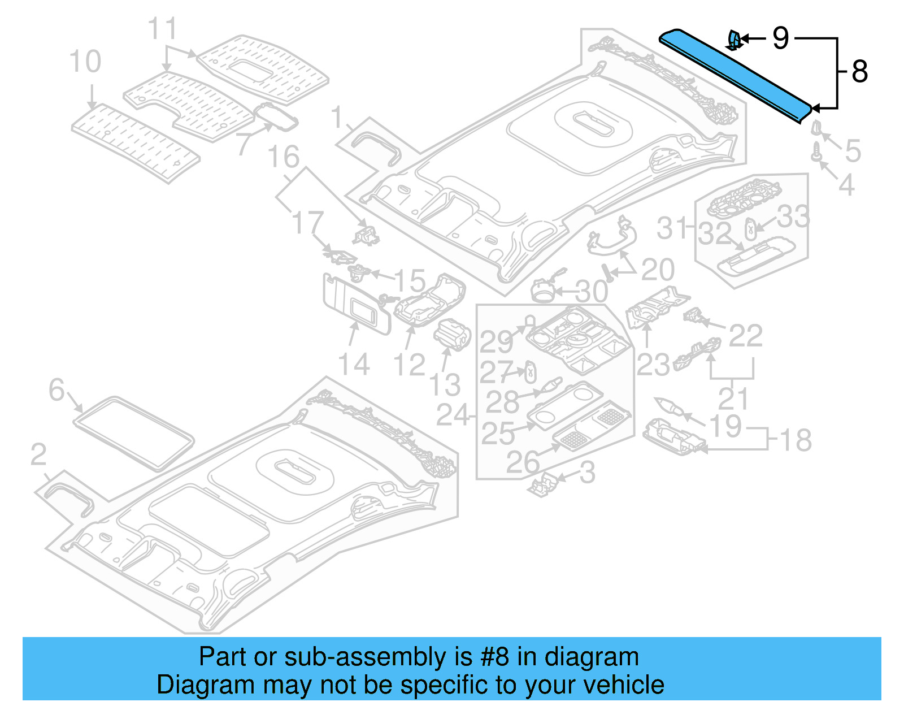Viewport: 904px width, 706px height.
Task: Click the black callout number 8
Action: (x=859, y=72)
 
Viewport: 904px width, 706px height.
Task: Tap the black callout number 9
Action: (x=780, y=38)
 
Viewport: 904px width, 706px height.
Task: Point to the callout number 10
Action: (x=85, y=62)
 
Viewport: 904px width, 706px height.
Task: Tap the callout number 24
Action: (x=453, y=415)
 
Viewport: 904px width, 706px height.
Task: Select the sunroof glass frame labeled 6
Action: (x=133, y=432)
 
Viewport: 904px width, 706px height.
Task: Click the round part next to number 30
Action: (x=543, y=290)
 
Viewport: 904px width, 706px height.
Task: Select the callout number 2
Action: (x=38, y=454)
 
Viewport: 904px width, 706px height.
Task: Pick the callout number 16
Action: (x=283, y=157)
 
